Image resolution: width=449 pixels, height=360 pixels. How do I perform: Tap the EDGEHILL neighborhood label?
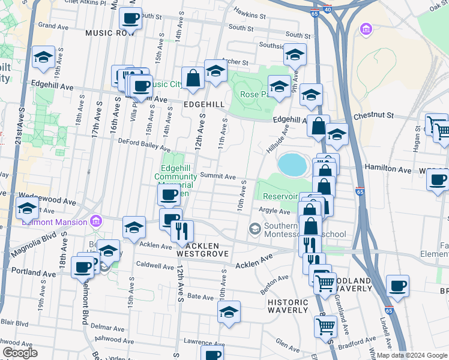tap(204, 104)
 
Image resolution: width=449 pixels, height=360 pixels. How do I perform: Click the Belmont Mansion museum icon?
tap(96, 221)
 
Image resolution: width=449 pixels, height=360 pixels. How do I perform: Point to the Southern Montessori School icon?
tap(255, 229)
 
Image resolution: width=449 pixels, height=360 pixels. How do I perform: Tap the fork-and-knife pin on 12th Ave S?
tap(182, 230)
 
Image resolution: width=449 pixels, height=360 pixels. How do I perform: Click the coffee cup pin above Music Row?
tap(130, 18)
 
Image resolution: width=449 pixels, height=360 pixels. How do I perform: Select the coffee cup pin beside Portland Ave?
tap(82, 267)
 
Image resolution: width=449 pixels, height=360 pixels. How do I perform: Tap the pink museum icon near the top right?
tap(365, 28)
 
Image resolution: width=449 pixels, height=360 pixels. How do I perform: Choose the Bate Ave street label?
tap(201, 296)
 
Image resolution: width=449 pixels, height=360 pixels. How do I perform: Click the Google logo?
tap(20, 353)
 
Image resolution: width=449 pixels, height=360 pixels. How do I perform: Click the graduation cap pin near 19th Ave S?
tap(44, 57)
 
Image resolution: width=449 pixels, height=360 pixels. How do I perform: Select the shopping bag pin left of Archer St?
tap(193, 78)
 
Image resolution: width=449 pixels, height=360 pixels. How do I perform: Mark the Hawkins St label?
tap(250, 14)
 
